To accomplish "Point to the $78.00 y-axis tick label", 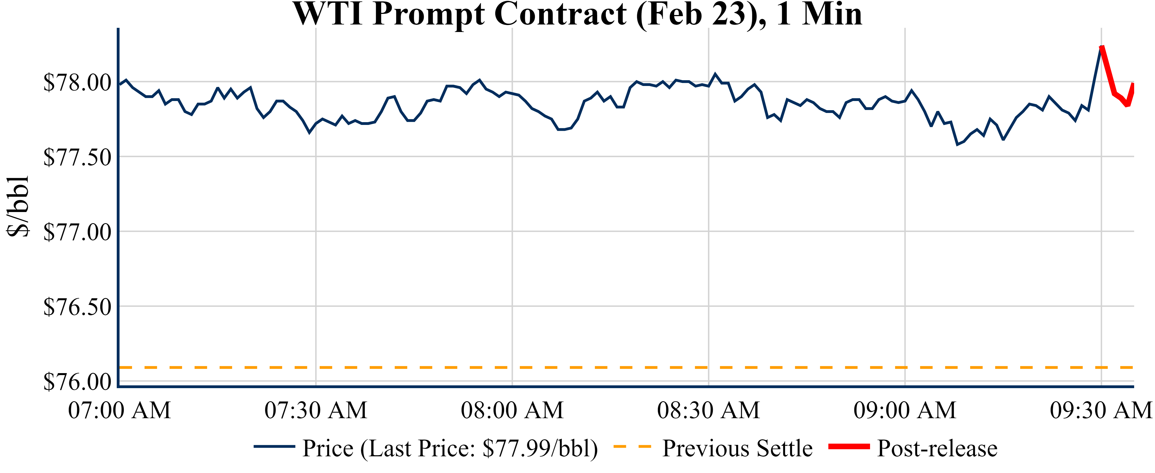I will click(x=77, y=83).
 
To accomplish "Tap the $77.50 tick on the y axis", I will click(x=77, y=157).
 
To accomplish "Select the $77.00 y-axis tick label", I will click(x=77, y=232).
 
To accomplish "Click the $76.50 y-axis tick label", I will click(x=77, y=307).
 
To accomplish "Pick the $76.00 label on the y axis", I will click(x=77, y=382).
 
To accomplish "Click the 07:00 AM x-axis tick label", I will click(x=119, y=410).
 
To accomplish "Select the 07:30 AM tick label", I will click(x=316, y=410).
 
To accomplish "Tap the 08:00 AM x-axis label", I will click(x=512, y=410).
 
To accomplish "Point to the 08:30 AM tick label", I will click(x=708, y=410).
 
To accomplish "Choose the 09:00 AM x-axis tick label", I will click(x=905, y=410).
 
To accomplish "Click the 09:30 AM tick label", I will click(x=1101, y=410).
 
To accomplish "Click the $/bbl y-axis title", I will click(x=18, y=206).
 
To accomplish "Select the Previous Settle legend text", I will click(x=737, y=448).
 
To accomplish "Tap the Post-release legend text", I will click(x=937, y=448).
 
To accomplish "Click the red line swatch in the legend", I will click(x=849, y=447).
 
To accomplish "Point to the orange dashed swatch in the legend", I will click(x=632, y=447).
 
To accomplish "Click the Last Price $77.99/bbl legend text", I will click(x=450, y=448).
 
